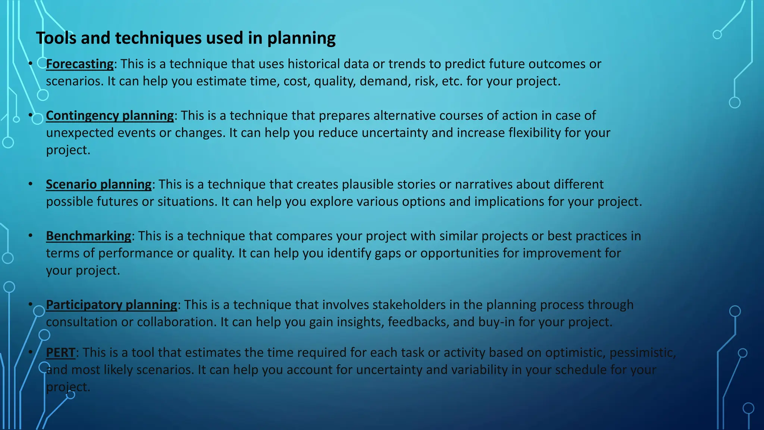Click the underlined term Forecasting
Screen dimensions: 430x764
pos(80,64)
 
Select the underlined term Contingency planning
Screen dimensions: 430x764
pos(110,116)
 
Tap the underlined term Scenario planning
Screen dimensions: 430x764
pos(99,184)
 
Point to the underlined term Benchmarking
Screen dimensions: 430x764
pos(89,236)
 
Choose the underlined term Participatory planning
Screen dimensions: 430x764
pos(112,305)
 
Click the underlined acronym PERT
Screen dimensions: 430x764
pos(60,353)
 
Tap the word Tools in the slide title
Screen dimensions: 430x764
pos(56,38)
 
